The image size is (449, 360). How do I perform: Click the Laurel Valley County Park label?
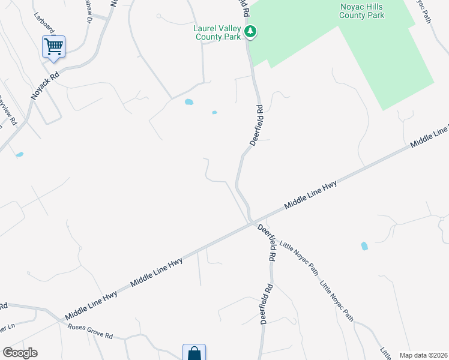(x=217, y=32)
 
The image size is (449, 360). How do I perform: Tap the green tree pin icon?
(x=251, y=32)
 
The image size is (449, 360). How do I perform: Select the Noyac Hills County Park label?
(x=361, y=10)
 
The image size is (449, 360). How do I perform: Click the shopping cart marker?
(x=53, y=46)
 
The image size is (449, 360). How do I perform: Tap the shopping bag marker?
(x=194, y=353)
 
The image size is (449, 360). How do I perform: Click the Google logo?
(x=20, y=353)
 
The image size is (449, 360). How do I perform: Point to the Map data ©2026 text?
(x=424, y=355)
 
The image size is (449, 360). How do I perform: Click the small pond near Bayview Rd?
(x=20, y=154)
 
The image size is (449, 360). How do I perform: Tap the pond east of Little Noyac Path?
(x=364, y=246)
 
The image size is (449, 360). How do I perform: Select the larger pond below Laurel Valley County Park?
(x=189, y=102)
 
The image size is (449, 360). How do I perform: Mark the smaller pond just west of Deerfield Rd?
(x=214, y=112)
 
